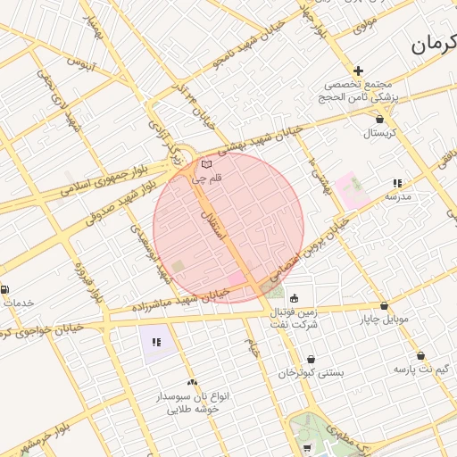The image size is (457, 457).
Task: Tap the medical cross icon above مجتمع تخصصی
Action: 359,71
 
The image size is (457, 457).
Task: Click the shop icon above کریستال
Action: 380,118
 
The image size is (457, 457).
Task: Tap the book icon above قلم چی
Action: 207,164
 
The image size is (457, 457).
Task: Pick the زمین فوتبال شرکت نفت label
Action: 295,318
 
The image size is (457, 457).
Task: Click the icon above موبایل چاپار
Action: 384,305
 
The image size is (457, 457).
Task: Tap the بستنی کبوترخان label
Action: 310,371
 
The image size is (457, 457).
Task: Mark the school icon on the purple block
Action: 156,341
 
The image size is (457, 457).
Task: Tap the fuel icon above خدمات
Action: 6,289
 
